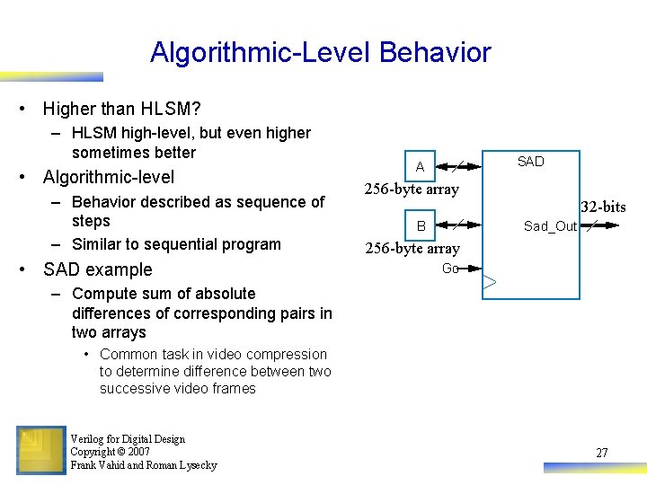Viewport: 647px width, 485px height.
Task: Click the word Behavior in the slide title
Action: (435, 52)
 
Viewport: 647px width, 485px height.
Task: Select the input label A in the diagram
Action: (420, 167)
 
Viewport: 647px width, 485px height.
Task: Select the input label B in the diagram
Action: (421, 225)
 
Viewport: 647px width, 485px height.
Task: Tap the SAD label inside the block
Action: (530, 162)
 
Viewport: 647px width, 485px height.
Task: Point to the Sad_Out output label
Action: (550, 226)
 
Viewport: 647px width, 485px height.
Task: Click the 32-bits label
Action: (603, 207)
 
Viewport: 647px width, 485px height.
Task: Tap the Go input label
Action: (450, 269)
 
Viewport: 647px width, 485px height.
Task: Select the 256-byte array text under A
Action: (412, 189)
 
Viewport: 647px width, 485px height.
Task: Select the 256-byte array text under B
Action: (412, 248)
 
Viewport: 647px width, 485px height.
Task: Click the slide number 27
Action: (601, 453)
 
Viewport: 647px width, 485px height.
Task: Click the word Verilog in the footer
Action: (88, 439)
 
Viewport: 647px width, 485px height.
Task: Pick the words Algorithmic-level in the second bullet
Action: (109, 177)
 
